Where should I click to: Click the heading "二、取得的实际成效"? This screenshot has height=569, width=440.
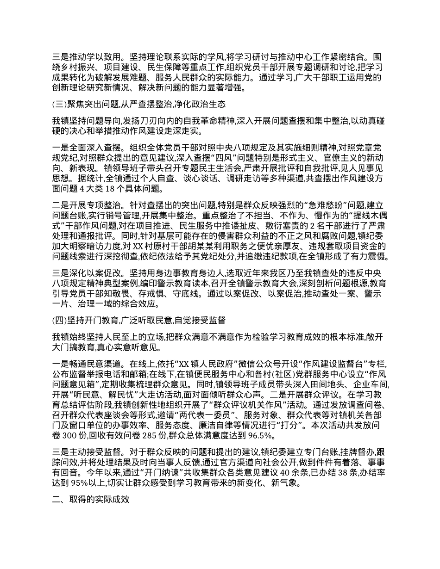(90, 500)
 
